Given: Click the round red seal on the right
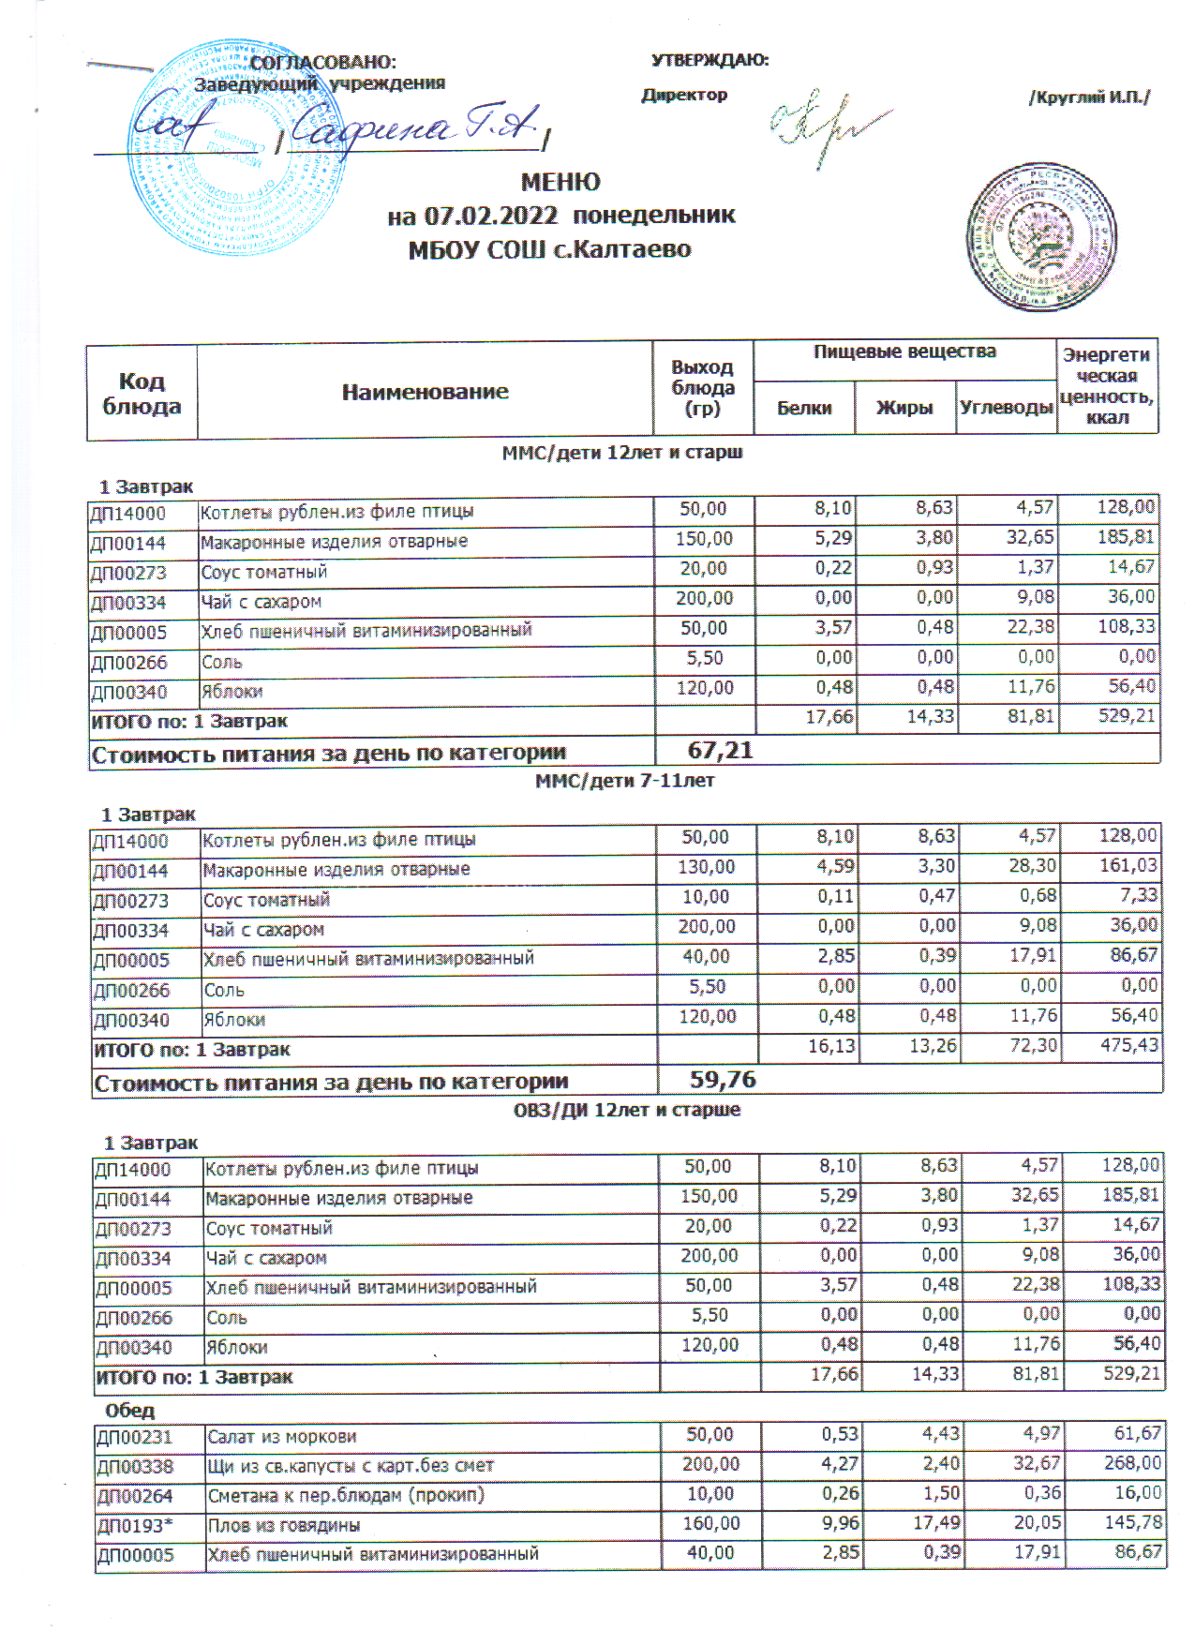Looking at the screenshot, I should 1041,237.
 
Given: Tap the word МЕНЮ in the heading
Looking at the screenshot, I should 560,182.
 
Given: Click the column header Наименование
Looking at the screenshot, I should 425,392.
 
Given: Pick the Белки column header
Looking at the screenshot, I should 804,408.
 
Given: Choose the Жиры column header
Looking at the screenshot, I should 904,408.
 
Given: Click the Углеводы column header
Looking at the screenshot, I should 1006,408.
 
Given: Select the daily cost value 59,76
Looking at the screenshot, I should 723,1080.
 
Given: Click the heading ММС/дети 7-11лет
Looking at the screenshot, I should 624,781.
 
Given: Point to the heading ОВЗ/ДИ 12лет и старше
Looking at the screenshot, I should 626,1110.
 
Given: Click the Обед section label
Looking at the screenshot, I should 130,1411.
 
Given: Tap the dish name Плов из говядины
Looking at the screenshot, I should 284,1525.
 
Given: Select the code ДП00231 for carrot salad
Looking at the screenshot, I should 135,1437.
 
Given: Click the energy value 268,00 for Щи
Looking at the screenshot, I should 1132,1463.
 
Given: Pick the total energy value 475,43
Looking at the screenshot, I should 1129,1045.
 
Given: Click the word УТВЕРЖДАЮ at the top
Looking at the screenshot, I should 710,61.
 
